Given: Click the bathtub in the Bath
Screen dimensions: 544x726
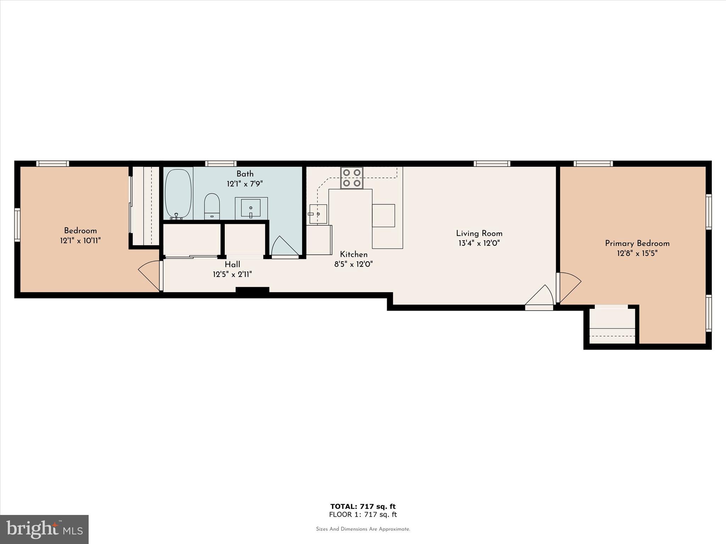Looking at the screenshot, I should [178, 193].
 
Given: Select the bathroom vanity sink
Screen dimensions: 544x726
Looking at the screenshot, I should [251, 208].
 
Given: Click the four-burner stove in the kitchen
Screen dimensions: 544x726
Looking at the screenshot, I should [352, 178].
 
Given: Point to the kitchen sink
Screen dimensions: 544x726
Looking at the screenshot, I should [318, 214].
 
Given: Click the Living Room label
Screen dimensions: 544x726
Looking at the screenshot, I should [479, 233].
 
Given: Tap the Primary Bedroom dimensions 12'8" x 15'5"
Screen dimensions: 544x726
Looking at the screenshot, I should [637, 253].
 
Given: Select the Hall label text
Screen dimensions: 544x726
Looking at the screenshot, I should [232, 264].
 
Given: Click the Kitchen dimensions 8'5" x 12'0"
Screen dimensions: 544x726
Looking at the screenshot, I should [353, 264].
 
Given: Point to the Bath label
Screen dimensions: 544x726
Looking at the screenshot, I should [245, 174].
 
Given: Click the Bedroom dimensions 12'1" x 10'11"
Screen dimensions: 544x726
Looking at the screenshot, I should [80, 241].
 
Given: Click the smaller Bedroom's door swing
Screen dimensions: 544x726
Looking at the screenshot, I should [150, 275].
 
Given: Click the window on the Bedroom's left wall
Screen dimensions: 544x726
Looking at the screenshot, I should [17, 225].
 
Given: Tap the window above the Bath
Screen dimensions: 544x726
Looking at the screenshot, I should [221, 163].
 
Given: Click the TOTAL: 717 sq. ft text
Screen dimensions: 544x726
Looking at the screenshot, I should [363, 506].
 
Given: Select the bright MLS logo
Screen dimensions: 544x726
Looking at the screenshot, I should [44, 529].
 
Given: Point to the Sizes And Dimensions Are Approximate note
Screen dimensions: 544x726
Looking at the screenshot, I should [363, 529].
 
